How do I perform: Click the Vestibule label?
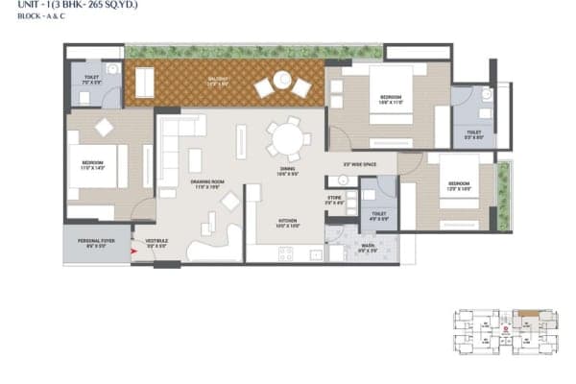[156, 244]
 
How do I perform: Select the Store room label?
[333, 201]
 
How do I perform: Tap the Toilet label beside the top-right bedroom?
[473, 135]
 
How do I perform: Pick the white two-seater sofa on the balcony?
[144, 84]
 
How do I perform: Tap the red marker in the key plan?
[506, 328]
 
